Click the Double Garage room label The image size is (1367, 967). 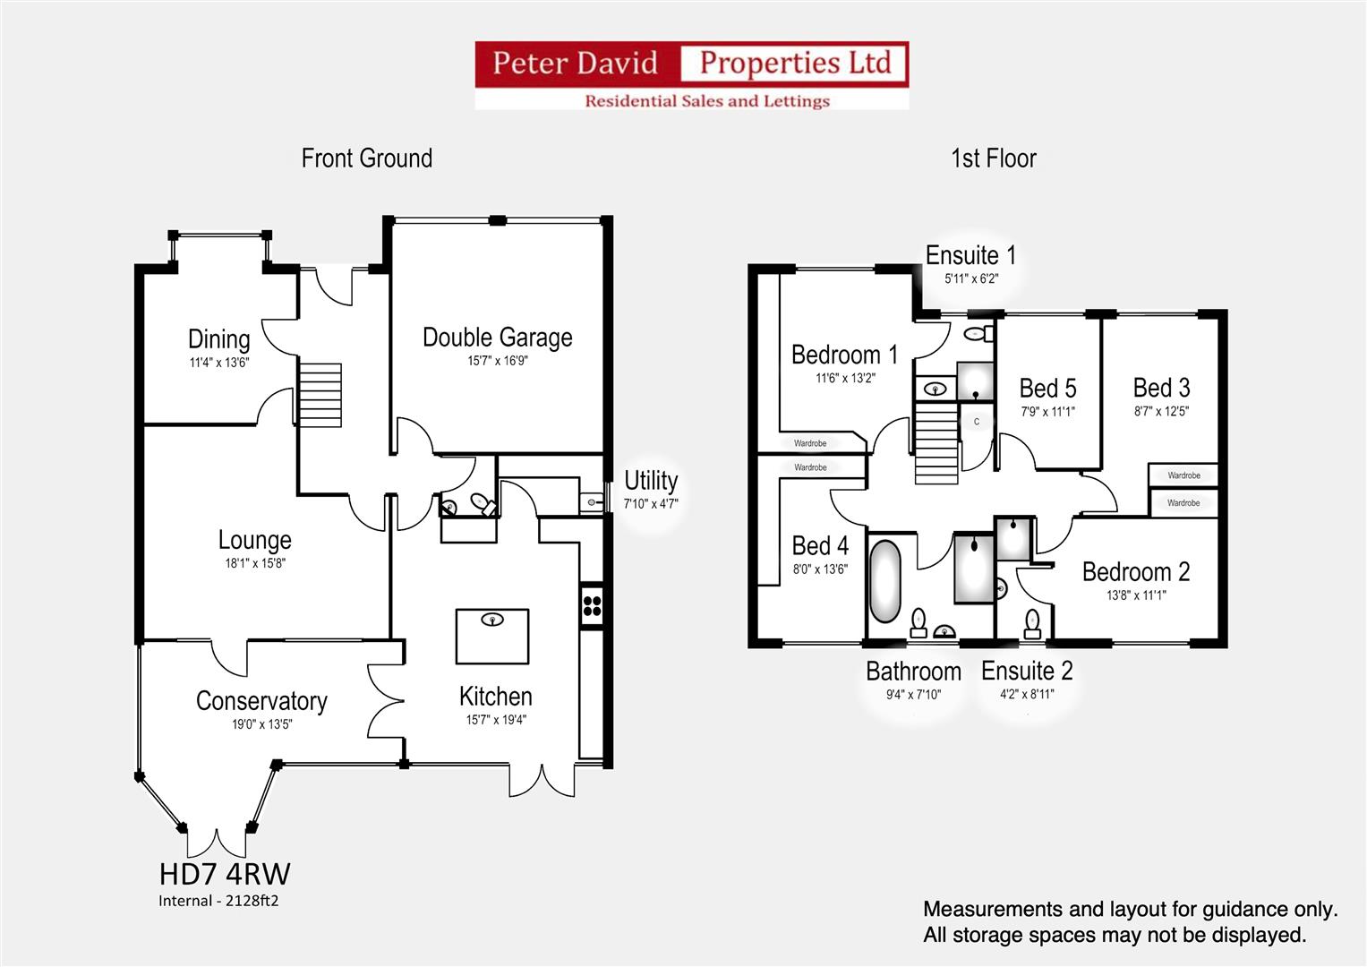498,338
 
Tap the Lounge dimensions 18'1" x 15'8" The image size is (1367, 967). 255,563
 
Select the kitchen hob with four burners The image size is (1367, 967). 592,605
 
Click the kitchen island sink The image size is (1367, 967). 492,620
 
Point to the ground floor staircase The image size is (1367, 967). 320,395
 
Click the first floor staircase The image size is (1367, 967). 936,442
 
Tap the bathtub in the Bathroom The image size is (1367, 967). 884,580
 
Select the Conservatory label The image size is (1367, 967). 261,701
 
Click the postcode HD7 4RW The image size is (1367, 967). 225,874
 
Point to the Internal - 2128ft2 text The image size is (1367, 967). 218,901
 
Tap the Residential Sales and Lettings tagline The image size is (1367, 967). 707,100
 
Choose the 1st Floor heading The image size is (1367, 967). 994,158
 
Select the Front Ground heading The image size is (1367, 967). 367,158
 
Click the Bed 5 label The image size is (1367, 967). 1047,389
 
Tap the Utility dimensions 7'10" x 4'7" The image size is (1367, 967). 651,503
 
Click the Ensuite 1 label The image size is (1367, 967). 970,255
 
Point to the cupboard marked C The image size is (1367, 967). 977,422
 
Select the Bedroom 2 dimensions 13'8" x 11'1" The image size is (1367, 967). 1136,595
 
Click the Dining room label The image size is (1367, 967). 219,339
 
